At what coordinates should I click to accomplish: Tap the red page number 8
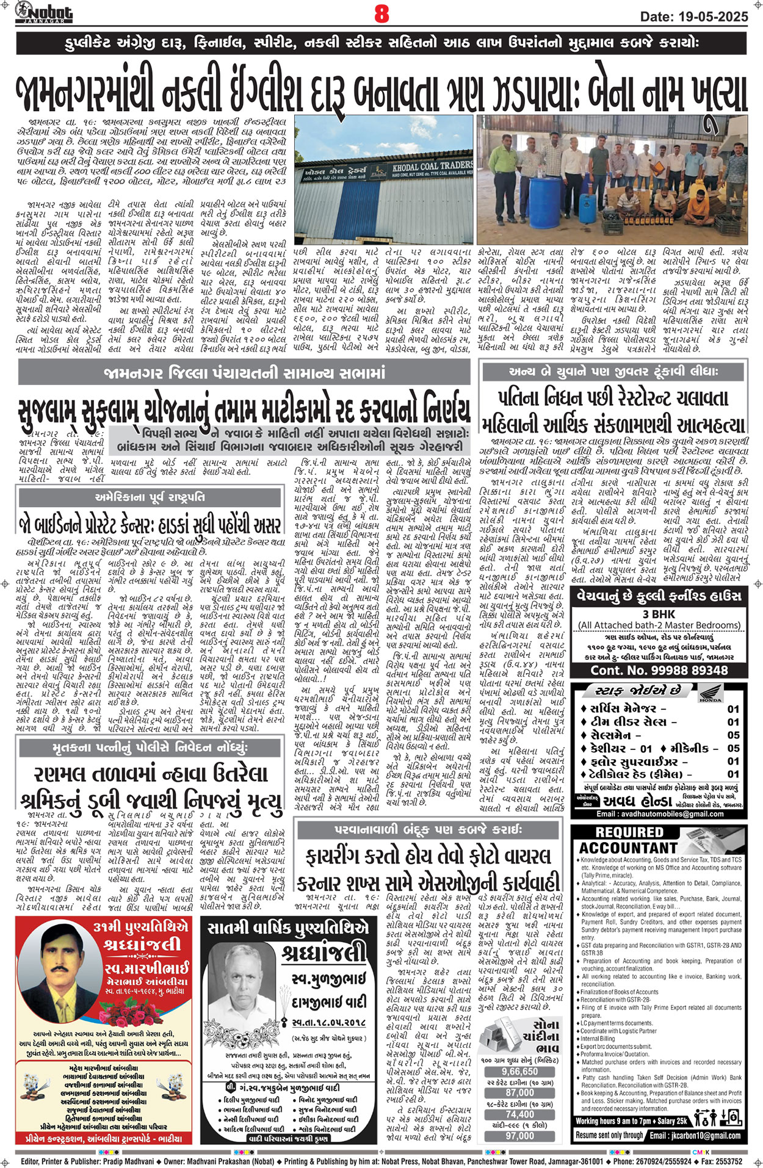point(382,13)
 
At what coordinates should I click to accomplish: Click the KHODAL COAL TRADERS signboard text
point(440,165)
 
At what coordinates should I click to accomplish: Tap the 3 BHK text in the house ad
point(659,614)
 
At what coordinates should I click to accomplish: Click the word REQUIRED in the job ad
point(629,832)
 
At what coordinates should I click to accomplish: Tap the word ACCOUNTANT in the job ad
point(627,848)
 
